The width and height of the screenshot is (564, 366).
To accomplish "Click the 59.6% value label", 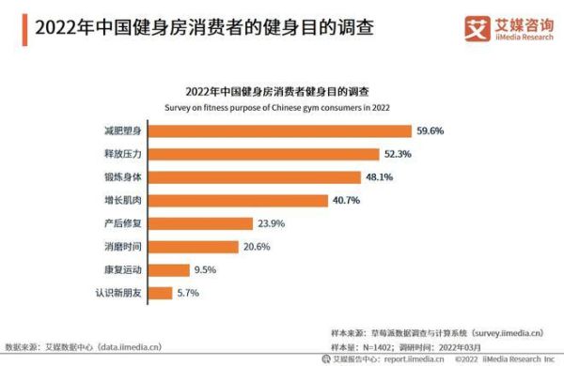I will pyautogui.click(x=430, y=130).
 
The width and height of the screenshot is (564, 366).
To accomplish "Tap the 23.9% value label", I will pyautogui.click(x=271, y=223).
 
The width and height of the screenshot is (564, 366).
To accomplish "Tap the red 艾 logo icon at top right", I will pyautogui.click(x=477, y=28).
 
